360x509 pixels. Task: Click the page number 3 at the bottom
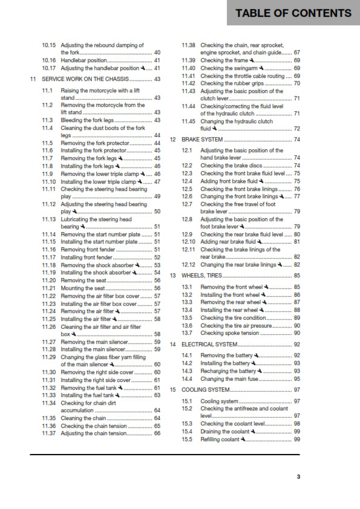pyautogui.click(x=298, y=476)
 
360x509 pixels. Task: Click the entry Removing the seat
pyautogui.click(x=83, y=280)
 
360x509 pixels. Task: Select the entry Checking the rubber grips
pyautogui.click(x=231, y=83)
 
